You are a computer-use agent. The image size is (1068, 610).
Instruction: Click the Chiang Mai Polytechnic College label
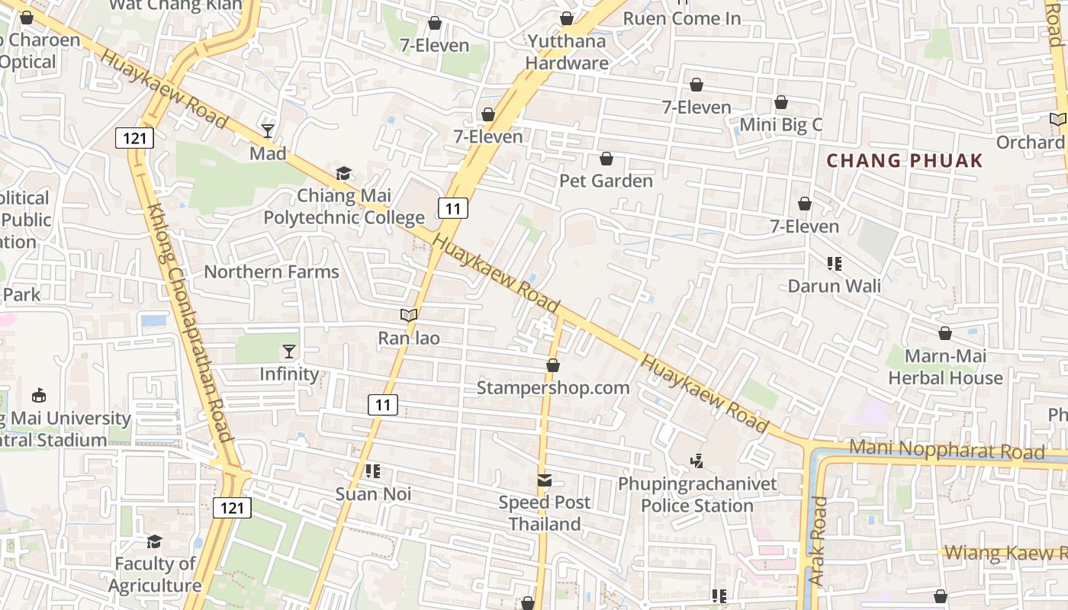click(x=344, y=207)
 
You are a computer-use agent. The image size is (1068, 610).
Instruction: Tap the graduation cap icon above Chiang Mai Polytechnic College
click(x=344, y=174)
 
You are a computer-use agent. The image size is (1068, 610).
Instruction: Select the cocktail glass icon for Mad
click(x=268, y=131)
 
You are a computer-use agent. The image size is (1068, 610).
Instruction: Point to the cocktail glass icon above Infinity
click(x=289, y=352)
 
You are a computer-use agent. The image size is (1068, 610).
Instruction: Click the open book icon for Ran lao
click(x=409, y=315)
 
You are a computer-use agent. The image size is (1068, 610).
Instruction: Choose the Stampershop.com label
click(x=553, y=387)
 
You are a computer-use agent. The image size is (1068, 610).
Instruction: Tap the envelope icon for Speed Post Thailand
click(x=545, y=480)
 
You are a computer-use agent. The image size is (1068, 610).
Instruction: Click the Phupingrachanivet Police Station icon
click(x=696, y=461)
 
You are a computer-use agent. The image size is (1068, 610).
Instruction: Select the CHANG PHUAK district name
click(x=905, y=161)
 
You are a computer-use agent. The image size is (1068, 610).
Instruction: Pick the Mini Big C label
click(x=781, y=125)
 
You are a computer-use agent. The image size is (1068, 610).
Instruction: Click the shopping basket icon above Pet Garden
click(x=606, y=159)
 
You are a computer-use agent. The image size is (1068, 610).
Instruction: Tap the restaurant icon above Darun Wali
click(x=834, y=264)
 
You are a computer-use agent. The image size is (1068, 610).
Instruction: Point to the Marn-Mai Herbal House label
click(x=945, y=367)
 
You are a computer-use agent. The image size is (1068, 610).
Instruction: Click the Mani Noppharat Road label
click(x=946, y=450)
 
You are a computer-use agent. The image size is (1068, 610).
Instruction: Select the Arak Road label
click(x=818, y=541)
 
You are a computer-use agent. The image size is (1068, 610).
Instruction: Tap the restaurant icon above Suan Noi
click(x=373, y=471)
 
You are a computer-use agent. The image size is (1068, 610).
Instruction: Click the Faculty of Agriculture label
click(x=155, y=575)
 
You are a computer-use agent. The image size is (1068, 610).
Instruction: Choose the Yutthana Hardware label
click(x=567, y=52)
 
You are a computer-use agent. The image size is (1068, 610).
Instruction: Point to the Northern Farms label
click(x=271, y=271)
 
